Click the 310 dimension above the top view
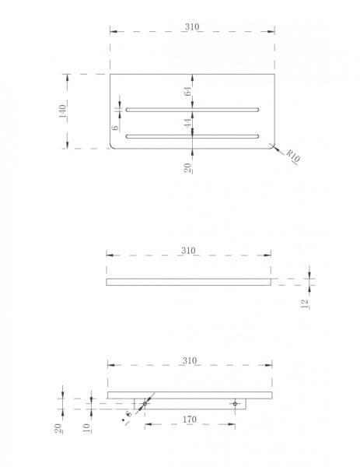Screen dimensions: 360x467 click(192, 26)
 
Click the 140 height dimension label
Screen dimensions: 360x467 click(62, 111)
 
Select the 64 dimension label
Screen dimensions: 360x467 click(187, 91)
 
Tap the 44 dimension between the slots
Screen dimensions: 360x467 click(187, 123)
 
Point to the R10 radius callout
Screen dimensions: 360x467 click(293, 155)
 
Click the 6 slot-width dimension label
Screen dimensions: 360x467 click(115, 128)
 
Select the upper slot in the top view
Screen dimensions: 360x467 click(192, 110)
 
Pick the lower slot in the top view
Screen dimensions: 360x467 click(192, 136)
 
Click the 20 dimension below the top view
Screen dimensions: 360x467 click(187, 168)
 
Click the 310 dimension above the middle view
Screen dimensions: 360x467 click(188, 251)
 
